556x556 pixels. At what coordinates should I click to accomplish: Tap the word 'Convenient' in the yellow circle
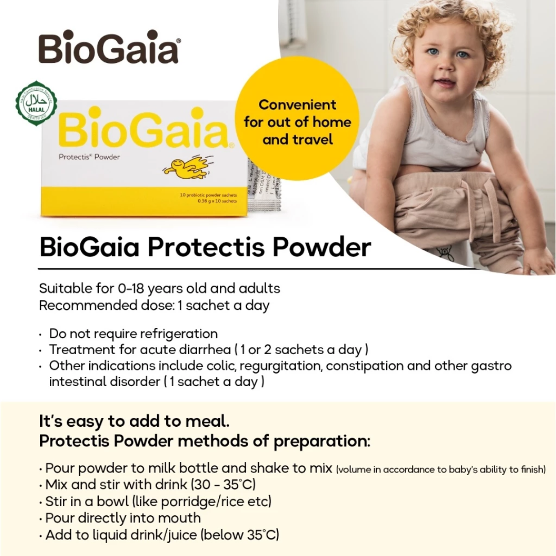pos(297,105)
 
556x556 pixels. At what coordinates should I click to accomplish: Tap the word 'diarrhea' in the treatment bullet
pos(202,350)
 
